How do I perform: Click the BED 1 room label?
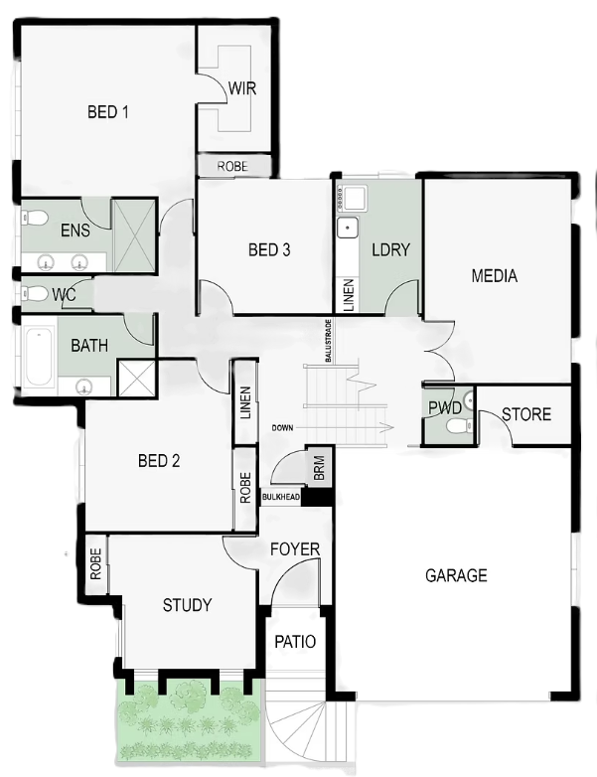point(108,112)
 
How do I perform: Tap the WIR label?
point(242,88)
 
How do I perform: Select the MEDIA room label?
point(495,276)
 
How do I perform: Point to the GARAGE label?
point(456,575)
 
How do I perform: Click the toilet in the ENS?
point(35,218)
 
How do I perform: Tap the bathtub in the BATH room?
point(39,357)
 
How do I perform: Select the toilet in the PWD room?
point(459,425)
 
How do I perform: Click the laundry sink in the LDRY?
point(348,229)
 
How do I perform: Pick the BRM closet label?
point(319,468)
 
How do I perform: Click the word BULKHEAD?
point(281,497)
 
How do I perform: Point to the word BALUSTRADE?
point(328,341)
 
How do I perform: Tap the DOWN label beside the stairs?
point(282,427)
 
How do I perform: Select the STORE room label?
point(526,414)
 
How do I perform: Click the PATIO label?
point(295,642)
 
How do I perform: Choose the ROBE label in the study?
point(95,564)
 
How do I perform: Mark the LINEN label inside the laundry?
point(349,295)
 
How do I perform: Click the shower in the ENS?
point(133,234)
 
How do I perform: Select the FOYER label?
point(295,549)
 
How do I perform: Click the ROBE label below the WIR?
point(232,167)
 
